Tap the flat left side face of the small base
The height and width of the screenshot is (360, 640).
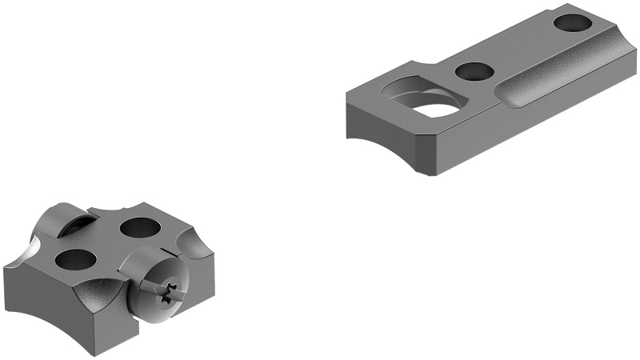point(36,299)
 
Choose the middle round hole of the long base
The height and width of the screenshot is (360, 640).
point(474,71)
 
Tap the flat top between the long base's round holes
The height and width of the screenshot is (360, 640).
point(520,48)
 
